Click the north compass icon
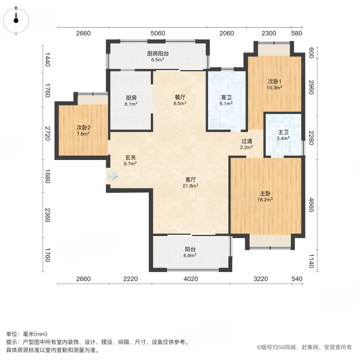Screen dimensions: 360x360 pos(16,20)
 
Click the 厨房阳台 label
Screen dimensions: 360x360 pos(158,53)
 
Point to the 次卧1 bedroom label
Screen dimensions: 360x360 pos(275,81)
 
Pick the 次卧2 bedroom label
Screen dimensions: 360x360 pos(84,128)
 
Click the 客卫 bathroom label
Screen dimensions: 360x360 pos(226,97)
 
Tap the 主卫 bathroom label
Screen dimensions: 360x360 pos(284,132)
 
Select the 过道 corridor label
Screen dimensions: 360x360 pos(247,141)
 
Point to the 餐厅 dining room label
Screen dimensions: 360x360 pos(180,97)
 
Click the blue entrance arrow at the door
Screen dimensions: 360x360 pos(113,175)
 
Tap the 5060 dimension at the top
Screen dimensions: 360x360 pos(158,33)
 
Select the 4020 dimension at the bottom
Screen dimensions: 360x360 pos(191,279)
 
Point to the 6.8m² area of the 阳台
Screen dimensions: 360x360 pos(190,256)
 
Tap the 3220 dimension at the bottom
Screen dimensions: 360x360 pos(260,279)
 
